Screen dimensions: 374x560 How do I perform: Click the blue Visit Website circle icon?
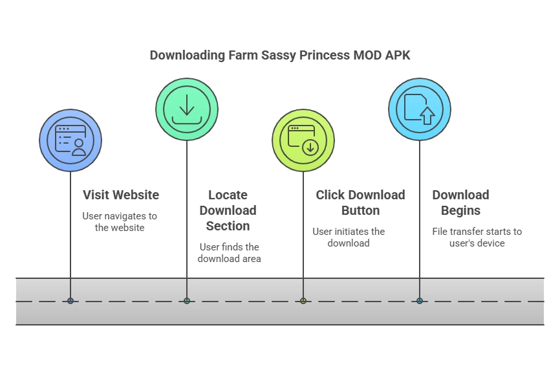(70, 140)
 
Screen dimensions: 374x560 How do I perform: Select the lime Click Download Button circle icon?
(303, 140)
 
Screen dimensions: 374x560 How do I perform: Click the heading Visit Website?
(121, 195)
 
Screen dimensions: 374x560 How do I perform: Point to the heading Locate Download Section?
(228, 210)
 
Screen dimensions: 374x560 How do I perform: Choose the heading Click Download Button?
(360, 203)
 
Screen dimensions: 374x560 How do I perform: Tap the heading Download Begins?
(460, 203)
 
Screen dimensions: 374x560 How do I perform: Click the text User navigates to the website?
(120, 222)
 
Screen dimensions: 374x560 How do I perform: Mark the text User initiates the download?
(349, 237)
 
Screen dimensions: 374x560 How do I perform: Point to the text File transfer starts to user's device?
(477, 237)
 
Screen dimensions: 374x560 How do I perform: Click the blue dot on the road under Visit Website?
(70, 301)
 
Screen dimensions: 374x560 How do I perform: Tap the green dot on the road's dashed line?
(187, 301)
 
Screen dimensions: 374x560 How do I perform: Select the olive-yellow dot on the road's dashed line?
(303, 301)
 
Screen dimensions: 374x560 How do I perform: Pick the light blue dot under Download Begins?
(420, 301)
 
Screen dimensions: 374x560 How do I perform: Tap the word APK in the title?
(397, 55)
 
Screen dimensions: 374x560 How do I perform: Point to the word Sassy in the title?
(279, 55)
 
